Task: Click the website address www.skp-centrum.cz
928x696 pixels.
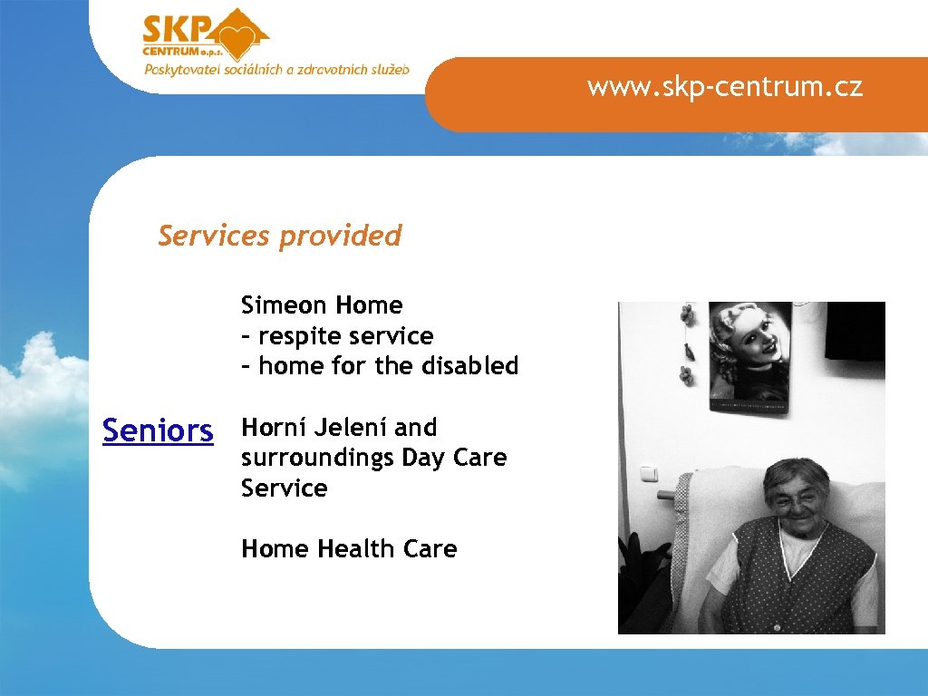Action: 724,87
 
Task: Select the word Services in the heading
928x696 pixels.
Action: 214,236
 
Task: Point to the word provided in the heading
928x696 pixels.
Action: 340,236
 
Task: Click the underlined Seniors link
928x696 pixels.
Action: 158,430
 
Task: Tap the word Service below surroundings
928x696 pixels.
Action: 284,488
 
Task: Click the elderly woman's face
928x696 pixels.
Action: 795,496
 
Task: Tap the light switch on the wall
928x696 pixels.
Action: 650,474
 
